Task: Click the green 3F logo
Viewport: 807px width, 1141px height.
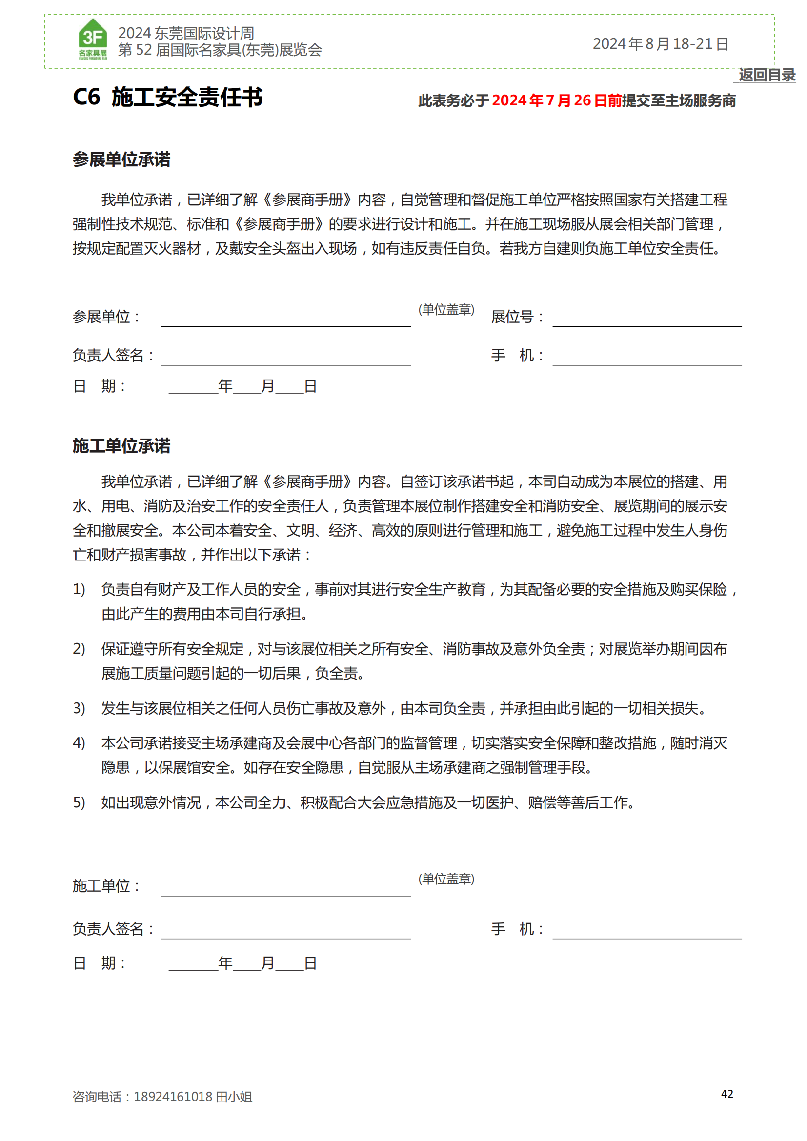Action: click(93, 39)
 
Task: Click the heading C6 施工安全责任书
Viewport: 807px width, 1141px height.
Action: click(167, 97)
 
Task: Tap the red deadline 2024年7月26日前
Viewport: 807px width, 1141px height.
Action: click(557, 101)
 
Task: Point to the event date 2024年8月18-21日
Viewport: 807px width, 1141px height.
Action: click(661, 44)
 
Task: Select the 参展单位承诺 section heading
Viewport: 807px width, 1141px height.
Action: click(121, 160)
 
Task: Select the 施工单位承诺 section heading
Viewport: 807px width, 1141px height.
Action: click(121, 446)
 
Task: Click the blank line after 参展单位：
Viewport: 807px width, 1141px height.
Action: click(286, 320)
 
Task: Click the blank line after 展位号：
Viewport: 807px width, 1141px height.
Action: click(646, 320)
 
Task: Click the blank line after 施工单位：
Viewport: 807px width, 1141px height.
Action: click(286, 890)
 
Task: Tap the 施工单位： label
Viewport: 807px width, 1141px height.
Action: click(106, 886)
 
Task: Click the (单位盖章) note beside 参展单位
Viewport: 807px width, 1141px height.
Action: click(446, 310)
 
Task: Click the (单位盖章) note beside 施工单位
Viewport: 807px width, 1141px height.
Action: click(446, 879)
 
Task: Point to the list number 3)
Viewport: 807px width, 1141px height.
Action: click(79, 708)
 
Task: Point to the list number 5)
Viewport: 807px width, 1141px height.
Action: click(79, 802)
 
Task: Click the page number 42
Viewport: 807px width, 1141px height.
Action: click(727, 1094)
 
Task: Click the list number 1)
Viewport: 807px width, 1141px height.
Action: click(79, 589)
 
